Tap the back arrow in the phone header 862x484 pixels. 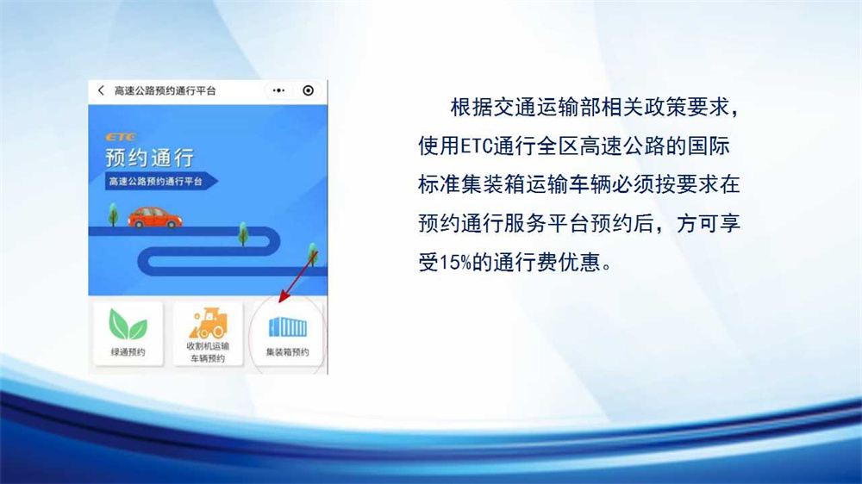click(x=101, y=90)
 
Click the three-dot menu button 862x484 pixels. click(x=278, y=90)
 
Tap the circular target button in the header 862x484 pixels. click(x=308, y=90)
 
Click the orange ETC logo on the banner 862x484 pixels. click(x=121, y=137)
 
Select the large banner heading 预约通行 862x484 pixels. click(x=149, y=158)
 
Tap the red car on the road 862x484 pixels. click(x=154, y=218)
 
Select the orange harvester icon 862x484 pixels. click(x=208, y=323)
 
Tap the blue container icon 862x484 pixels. click(x=288, y=327)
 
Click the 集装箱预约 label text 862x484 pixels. click(x=288, y=352)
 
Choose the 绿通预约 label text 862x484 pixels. click(x=128, y=352)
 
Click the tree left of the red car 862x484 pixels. click(x=113, y=214)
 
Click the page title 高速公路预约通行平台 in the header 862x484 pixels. click(x=165, y=90)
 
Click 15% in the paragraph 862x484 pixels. click(x=456, y=263)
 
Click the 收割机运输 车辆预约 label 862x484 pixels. click(x=208, y=352)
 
